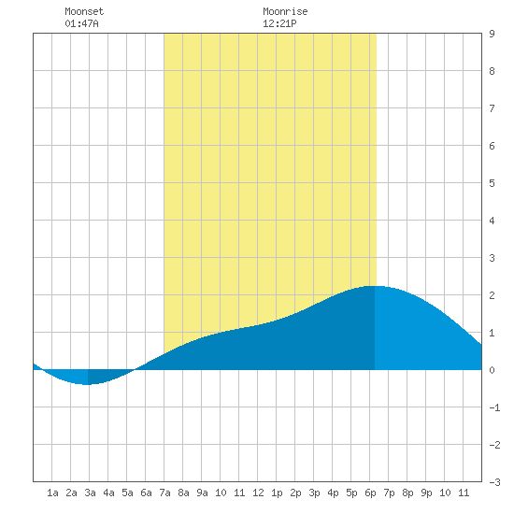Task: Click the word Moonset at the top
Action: pyautogui.click(x=84, y=11)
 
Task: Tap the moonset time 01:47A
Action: pyautogui.click(x=81, y=23)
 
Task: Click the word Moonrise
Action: pyautogui.click(x=285, y=11)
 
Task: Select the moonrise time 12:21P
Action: pyautogui.click(x=279, y=23)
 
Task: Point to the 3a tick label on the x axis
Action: pyautogui.click(x=90, y=493)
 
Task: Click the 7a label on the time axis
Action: pyautogui.click(x=164, y=493)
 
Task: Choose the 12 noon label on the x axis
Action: pyautogui.click(x=258, y=493)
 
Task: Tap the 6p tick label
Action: pyautogui.click(x=370, y=493)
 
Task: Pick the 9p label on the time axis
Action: pyautogui.click(x=426, y=493)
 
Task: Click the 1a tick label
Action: pyautogui.click(x=52, y=493)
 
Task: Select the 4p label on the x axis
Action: pyautogui.click(x=333, y=493)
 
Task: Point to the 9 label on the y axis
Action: pyautogui.click(x=492, y=34)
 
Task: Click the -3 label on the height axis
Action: pyautogui.click(x=494, y=482)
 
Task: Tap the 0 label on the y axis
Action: pyautogui.click(x=492, y=370)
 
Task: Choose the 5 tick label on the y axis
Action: pyautogui.click(x=492, y=183)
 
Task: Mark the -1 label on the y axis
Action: pyautogui.click(x=494, y=407)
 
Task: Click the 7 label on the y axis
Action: pyautogui.click(x=492, y=108)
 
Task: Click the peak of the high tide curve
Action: pyautogui.click(x=374, y=286)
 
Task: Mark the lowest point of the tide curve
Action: pyautogui.click(x=87, y=384)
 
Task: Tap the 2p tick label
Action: pyautogui.click(x=295, y=493)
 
